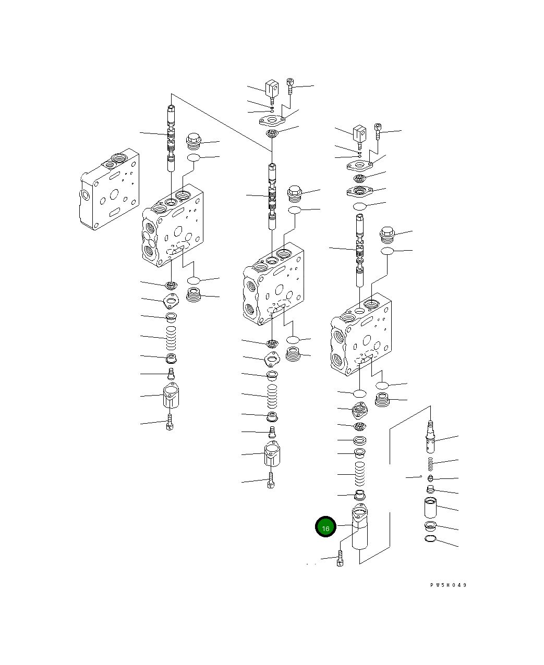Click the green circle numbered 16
pos(325,527)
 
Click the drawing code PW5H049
pos(448,585)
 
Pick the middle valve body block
pos(273,284)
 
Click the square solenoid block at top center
pos(272,89)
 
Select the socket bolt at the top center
pos(291,86)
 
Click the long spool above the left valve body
pos(171,138)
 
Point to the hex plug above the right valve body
pos(386,236)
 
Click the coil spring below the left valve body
pos(171,338)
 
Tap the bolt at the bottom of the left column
pos(169,422)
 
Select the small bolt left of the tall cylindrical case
pos(340,559)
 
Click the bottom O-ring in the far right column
pos(430,539)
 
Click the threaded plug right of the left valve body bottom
pos(194,295)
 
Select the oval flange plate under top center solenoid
pos(272,121)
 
